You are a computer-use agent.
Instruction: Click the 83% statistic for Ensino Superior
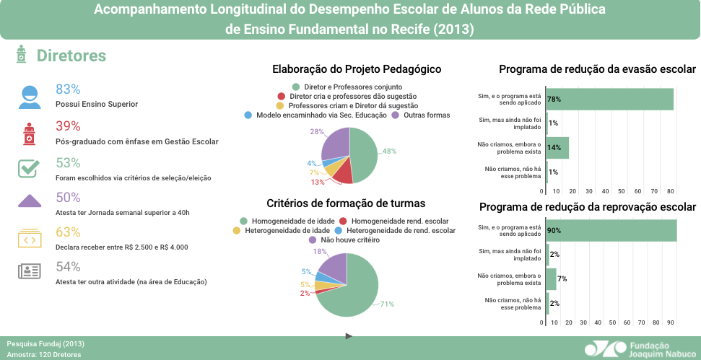pos(68,89)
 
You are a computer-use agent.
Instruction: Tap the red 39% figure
pos(68,126)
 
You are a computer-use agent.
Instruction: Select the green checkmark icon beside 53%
pos(29,168)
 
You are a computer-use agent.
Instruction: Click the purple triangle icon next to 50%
pos(29,201)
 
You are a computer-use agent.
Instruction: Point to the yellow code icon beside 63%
pos(29,237)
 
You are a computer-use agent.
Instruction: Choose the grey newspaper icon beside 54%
pos(29,271)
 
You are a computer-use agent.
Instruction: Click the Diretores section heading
pos(71,56)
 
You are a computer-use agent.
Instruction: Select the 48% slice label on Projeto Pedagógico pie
pos(389,152)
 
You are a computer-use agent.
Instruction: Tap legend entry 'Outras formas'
pos(426,115)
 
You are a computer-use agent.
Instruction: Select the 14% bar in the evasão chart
pos(557,147)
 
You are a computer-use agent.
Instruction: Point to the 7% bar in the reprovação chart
pos(552,278)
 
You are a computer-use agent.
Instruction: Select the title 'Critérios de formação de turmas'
pos(346,203)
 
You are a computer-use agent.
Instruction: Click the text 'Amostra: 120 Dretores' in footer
pos(43,354)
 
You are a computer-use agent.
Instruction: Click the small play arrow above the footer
pos(349,335)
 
